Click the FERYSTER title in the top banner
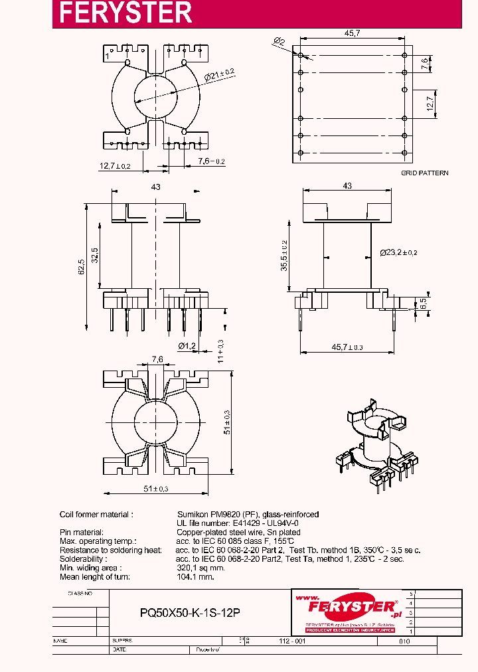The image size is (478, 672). (125, 13)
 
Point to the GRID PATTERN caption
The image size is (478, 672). (424, 173)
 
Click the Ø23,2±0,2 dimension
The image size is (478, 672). (398, 252)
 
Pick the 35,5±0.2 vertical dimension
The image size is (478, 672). (283, 256)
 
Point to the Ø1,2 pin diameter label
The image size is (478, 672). (187, 345)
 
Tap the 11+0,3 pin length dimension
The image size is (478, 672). (220, 350)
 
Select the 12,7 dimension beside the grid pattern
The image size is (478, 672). (429, 104)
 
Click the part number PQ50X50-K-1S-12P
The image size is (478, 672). (190, 614)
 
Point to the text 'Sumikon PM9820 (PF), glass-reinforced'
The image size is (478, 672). (248, 514)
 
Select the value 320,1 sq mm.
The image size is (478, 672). (201, 568)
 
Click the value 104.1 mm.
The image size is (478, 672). (196, 577)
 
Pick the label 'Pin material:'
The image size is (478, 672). (82, 532)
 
